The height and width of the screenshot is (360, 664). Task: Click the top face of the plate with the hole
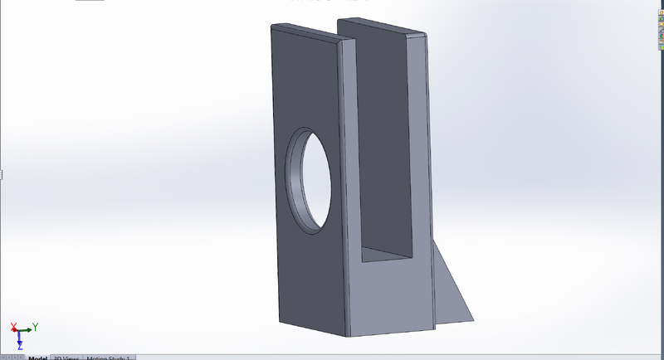click(x=308, y=32)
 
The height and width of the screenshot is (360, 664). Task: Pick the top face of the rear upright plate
click(x=383, y=25)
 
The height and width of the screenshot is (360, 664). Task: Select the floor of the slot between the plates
click(x=387, y=256)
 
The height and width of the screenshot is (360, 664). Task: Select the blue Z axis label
click(x=19, y=345)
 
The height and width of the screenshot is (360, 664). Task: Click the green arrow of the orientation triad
click(x=27, y=330)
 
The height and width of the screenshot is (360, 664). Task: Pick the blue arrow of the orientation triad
click(x=19, y=337)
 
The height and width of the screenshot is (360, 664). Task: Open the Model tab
click(x=37, y=358)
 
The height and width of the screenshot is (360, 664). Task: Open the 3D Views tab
click(x=66, y=358)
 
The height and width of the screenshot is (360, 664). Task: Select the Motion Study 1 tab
click(x=108, y=358)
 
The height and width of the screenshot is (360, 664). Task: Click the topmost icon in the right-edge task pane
click(x=660, y=6)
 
